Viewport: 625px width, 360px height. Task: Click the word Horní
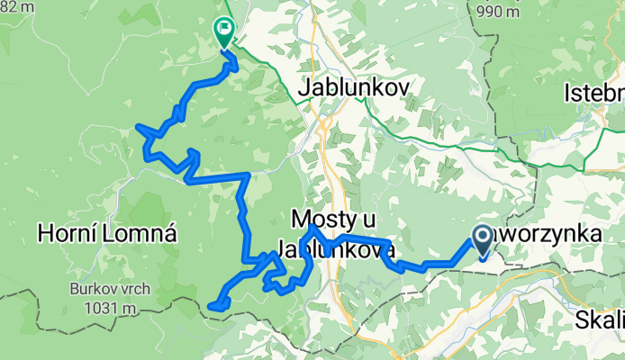69,235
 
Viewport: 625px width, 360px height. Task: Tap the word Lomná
140,235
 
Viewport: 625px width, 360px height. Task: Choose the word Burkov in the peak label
89,290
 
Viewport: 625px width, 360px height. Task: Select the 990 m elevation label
501,12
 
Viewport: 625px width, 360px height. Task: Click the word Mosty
324,219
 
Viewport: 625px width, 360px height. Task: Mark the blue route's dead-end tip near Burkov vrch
210,307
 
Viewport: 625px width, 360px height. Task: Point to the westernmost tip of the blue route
136,127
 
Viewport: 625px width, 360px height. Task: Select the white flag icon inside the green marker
223,29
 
